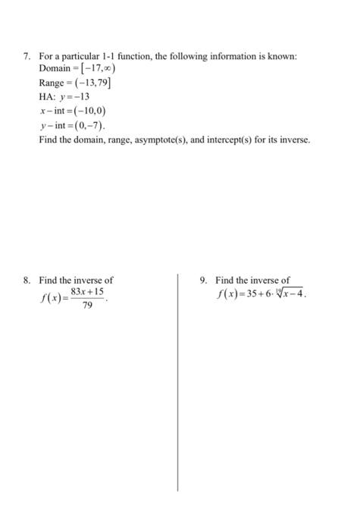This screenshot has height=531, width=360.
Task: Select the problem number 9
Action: point(203,280)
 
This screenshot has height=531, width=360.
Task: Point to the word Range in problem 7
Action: point(52,82)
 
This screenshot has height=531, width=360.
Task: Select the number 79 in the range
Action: point(104,82)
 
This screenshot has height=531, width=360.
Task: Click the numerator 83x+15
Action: point(87,291)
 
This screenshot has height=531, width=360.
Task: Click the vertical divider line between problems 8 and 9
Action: point(178,379)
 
